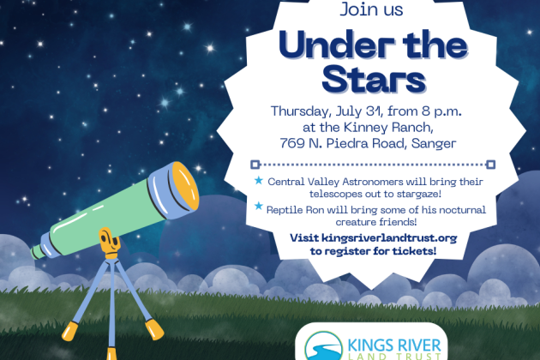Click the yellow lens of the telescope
(x=186, y=186)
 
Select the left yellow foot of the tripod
(x=70, y=331)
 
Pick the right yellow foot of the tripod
(x=154, y=329)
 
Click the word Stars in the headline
(x=374, y=79)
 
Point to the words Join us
(x=371, y=9)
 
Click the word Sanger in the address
(x=434, y=144)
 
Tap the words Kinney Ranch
(x=387, y=128)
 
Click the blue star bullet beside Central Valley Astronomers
(x=259, y=180)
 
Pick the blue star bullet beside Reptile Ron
(x=259, y=206)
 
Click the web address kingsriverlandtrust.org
(x=389, y=238)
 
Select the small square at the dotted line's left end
(x=255, y=165)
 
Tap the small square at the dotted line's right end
(x=491, y=165)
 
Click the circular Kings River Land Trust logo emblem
(x=323, y=346)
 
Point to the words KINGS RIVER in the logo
(x=394, y=345)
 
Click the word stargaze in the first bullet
(x=419, y=194)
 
